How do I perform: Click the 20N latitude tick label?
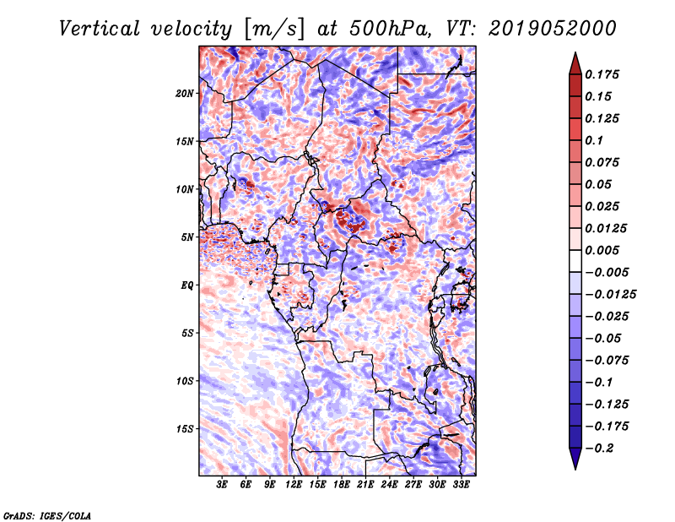click(184, 94)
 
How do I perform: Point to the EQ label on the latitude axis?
click(186, 285)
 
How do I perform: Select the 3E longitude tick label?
click(222, 484)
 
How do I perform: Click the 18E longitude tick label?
click(342, 484)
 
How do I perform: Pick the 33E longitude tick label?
click(461, 484)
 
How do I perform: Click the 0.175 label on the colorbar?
click(602, 74)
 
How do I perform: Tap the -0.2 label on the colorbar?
click(599, 449)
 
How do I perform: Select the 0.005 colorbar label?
click(602, 250)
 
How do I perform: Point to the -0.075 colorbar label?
click(607, 361)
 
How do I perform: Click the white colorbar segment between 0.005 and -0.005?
click(575, 261)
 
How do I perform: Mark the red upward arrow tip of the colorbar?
click(575, 53)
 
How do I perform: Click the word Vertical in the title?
click(100, 29)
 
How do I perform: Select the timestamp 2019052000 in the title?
click(553, 29)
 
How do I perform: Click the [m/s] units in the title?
click(274, 30)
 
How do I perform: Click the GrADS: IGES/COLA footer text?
click(47, 516)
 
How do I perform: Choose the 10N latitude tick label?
click(184, 189)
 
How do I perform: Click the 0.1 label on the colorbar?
click(594, 140)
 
